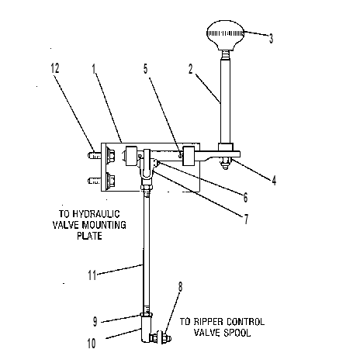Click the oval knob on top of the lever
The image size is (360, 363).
coord(226,35)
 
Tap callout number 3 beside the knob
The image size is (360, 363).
coord(271,39)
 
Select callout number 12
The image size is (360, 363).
coord(54,68)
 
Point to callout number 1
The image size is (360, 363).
coord(94,69)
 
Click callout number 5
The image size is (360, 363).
coord(146,69)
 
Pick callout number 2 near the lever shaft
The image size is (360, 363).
coord(191,69)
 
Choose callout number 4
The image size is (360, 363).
coord(274,180)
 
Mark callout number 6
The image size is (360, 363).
coord(245,198)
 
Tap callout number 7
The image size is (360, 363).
coord(246,220)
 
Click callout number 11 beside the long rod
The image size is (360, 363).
coord(92,275)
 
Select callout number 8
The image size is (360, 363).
coord(180,287)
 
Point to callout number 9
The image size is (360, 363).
coord(95,322)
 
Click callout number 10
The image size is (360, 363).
coord(92,344)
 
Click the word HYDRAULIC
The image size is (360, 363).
coord(96,214)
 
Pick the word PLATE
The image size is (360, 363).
coord(89,236)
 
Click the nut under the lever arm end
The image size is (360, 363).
coord(226,163)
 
